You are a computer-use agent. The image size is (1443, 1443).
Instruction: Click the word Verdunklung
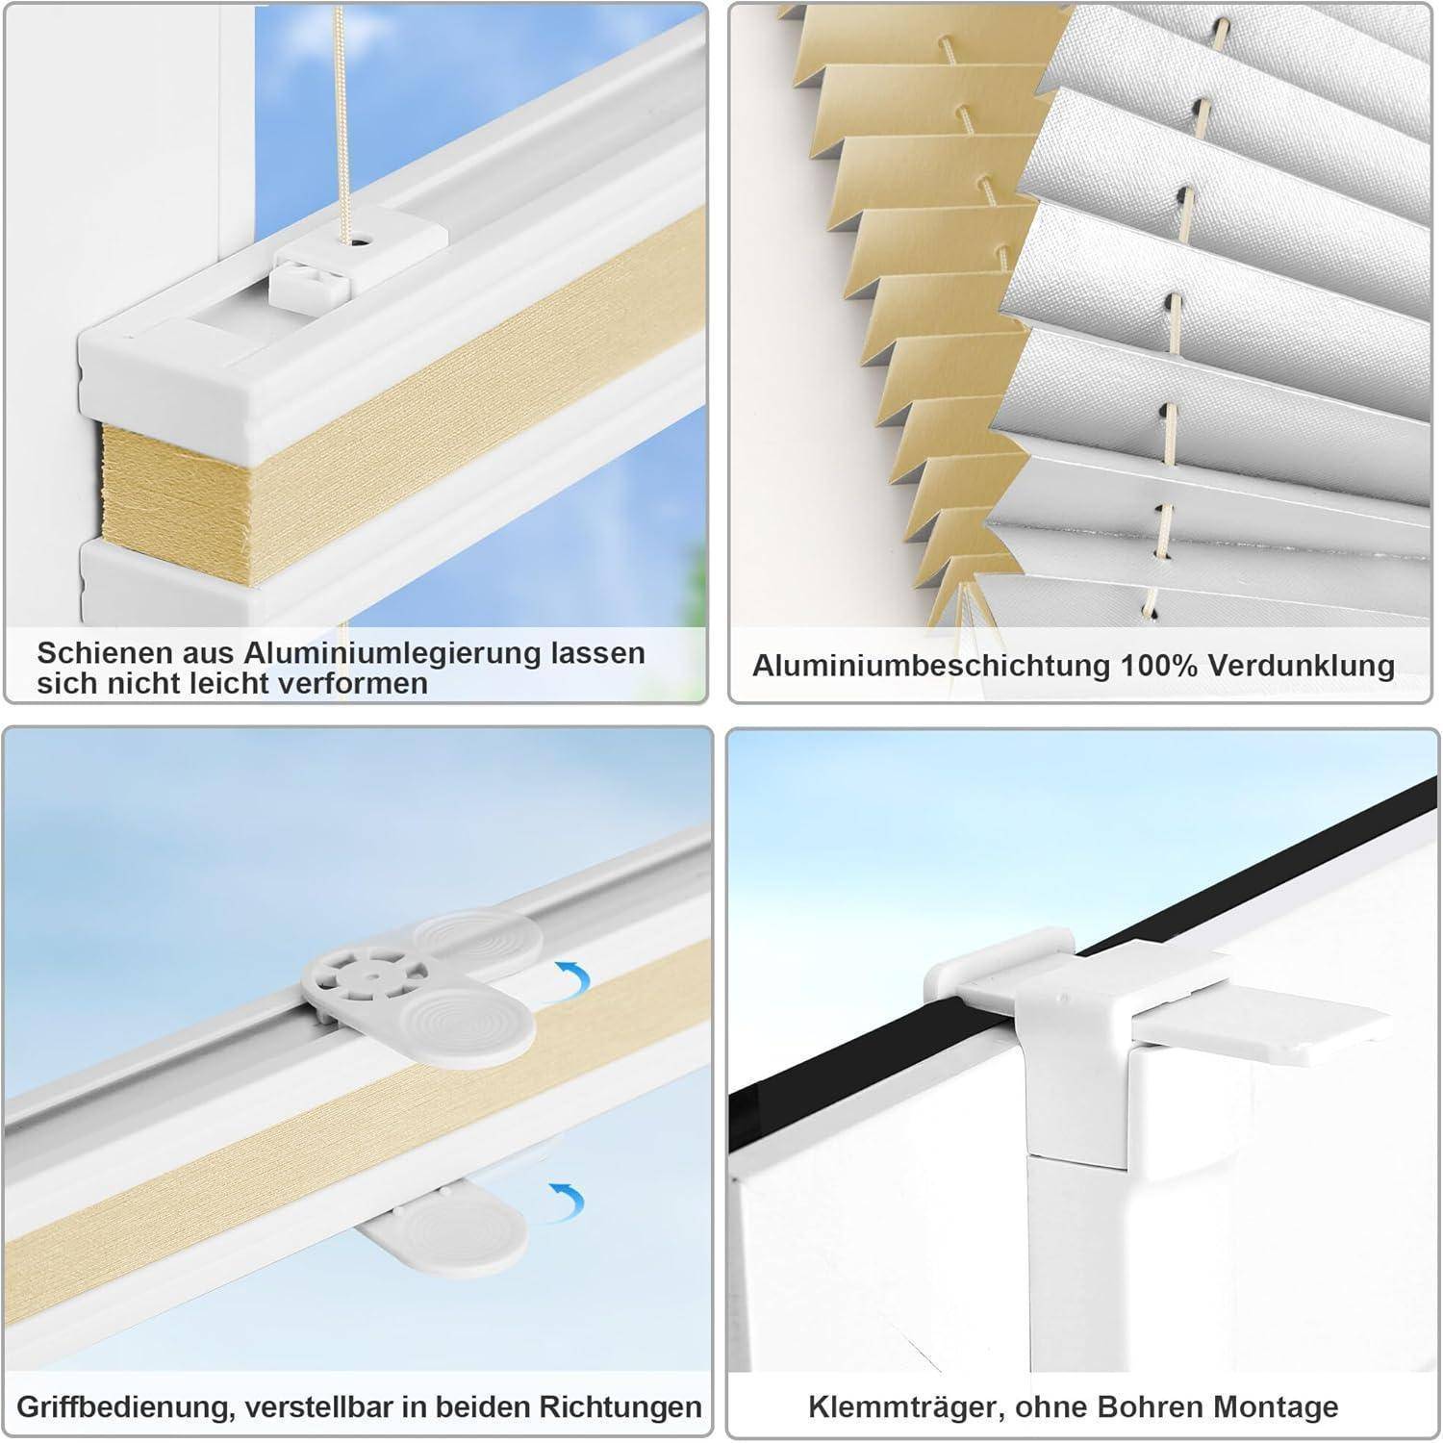click(1302, 666)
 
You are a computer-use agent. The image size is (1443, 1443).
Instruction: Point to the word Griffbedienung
click(123, 1407)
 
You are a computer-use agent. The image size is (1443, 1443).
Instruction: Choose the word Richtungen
click(620, 1407)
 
